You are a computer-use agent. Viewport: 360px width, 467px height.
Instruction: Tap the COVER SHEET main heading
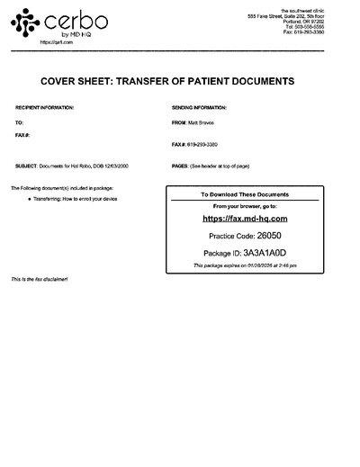(180, 80)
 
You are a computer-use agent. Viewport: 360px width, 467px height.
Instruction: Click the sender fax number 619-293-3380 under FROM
(207, 145)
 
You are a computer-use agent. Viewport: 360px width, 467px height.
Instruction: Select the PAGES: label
(178, 166)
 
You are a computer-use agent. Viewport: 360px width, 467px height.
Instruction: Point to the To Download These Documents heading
(244, 194)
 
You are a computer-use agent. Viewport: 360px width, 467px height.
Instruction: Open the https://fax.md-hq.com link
(245, 218)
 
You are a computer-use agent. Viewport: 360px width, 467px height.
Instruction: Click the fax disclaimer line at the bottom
(40, 280)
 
